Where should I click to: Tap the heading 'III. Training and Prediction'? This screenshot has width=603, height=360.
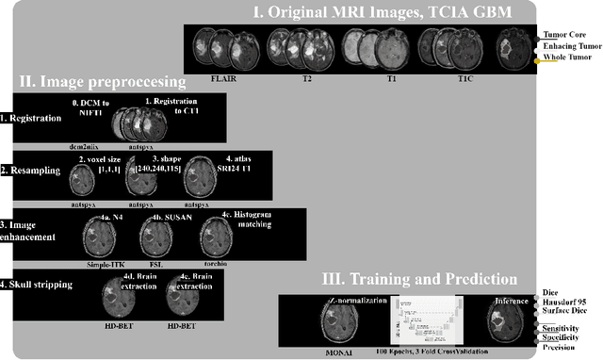(431, 279)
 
